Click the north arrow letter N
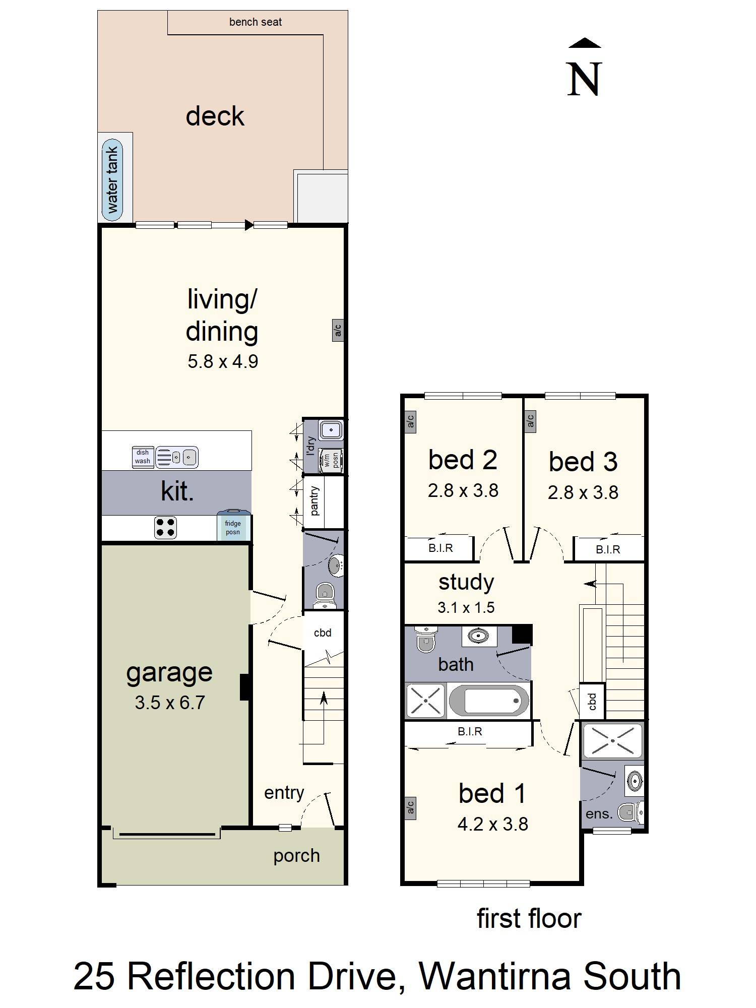585,79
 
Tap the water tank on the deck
112,179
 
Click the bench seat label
255,22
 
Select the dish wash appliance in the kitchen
142,457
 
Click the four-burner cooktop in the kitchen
165,527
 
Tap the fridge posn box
233,527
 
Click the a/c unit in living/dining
338,330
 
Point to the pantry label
314,501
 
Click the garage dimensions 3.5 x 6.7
169,703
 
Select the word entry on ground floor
284,792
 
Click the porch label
296,855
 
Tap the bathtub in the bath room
488,701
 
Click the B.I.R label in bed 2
440,548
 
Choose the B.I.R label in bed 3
608,549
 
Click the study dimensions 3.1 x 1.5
466,607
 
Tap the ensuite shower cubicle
612,741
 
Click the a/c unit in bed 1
410,807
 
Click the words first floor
529,918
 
